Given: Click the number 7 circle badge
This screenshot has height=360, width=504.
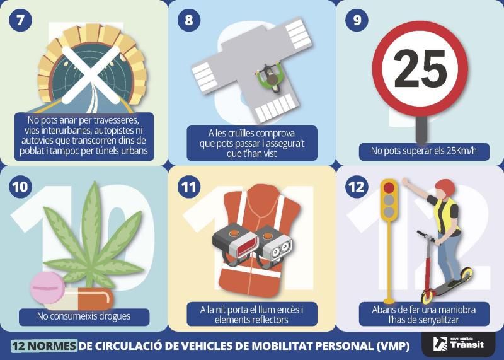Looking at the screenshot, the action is tap(21, 20).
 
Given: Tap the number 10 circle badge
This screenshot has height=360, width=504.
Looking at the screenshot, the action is tap(21, 187).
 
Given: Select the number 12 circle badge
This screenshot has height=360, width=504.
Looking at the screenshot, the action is tap(357, 187).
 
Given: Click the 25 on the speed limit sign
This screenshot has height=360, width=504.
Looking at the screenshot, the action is tap(420, 69).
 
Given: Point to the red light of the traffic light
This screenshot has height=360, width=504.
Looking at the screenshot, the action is tap(389, 187).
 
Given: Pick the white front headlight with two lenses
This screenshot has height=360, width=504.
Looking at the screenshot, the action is tap(275, 245).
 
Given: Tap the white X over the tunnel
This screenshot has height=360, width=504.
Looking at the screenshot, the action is tap(91, 74).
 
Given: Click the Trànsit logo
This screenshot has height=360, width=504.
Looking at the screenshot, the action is tap(459, 344).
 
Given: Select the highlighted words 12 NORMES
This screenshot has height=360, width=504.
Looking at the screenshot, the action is tap(44, 346).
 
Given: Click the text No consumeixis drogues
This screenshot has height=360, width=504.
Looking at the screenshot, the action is tap(84, 316).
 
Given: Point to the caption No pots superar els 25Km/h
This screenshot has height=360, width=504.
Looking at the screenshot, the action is tap(423, 151).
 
